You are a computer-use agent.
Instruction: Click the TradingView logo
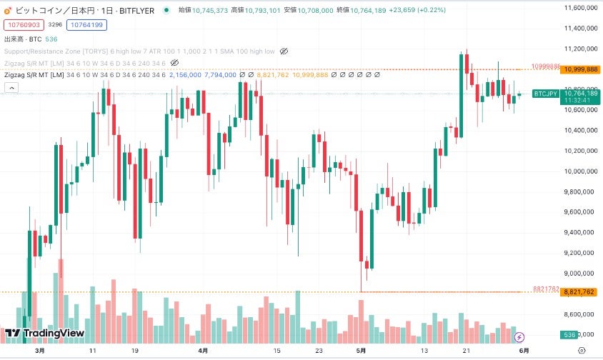pos(44,333)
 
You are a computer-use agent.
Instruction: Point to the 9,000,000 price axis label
pos(581,273)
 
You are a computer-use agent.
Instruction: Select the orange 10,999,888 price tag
pos(581,69)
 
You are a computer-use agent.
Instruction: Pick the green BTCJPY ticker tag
pos(546,94)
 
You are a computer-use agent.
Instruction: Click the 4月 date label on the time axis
pos(203,351)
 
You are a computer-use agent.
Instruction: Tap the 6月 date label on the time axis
pos(524,351)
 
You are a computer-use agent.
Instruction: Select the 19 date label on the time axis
pos(135,351)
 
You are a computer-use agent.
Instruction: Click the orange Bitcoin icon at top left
pos(8,10)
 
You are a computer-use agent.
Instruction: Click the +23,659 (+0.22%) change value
pos(418,10)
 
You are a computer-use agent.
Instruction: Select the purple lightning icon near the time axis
pos(520,336)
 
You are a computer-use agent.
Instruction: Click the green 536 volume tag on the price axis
pos(569,334)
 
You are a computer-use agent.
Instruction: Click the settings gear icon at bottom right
pos(582,351)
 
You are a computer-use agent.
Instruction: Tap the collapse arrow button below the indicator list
pos(11,87)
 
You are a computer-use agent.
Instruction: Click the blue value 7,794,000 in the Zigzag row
pos(220,74)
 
